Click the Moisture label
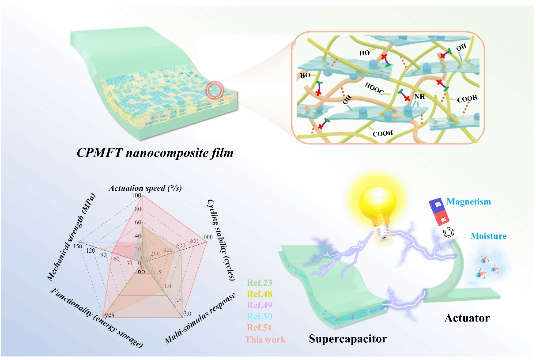coord(488,236)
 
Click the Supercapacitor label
coord(348,339)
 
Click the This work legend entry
coord(265,340)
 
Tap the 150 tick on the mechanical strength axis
coord(79,246)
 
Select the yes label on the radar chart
coord(109,315)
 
